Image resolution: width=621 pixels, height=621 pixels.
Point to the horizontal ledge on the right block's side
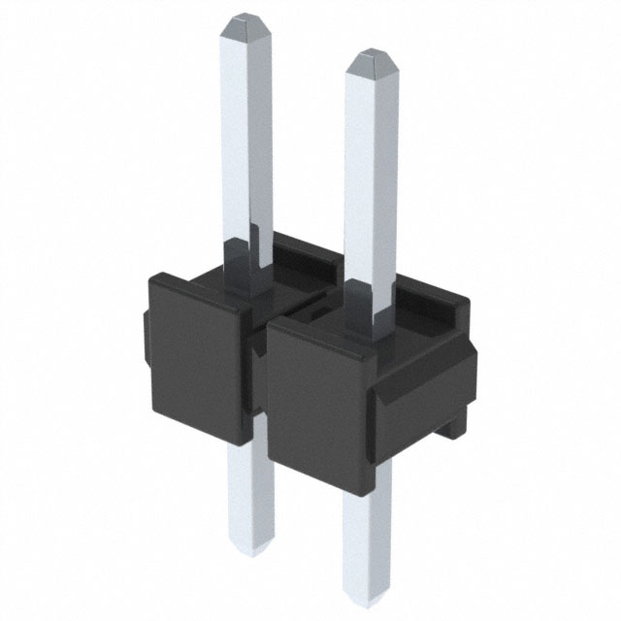(427, 383)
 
